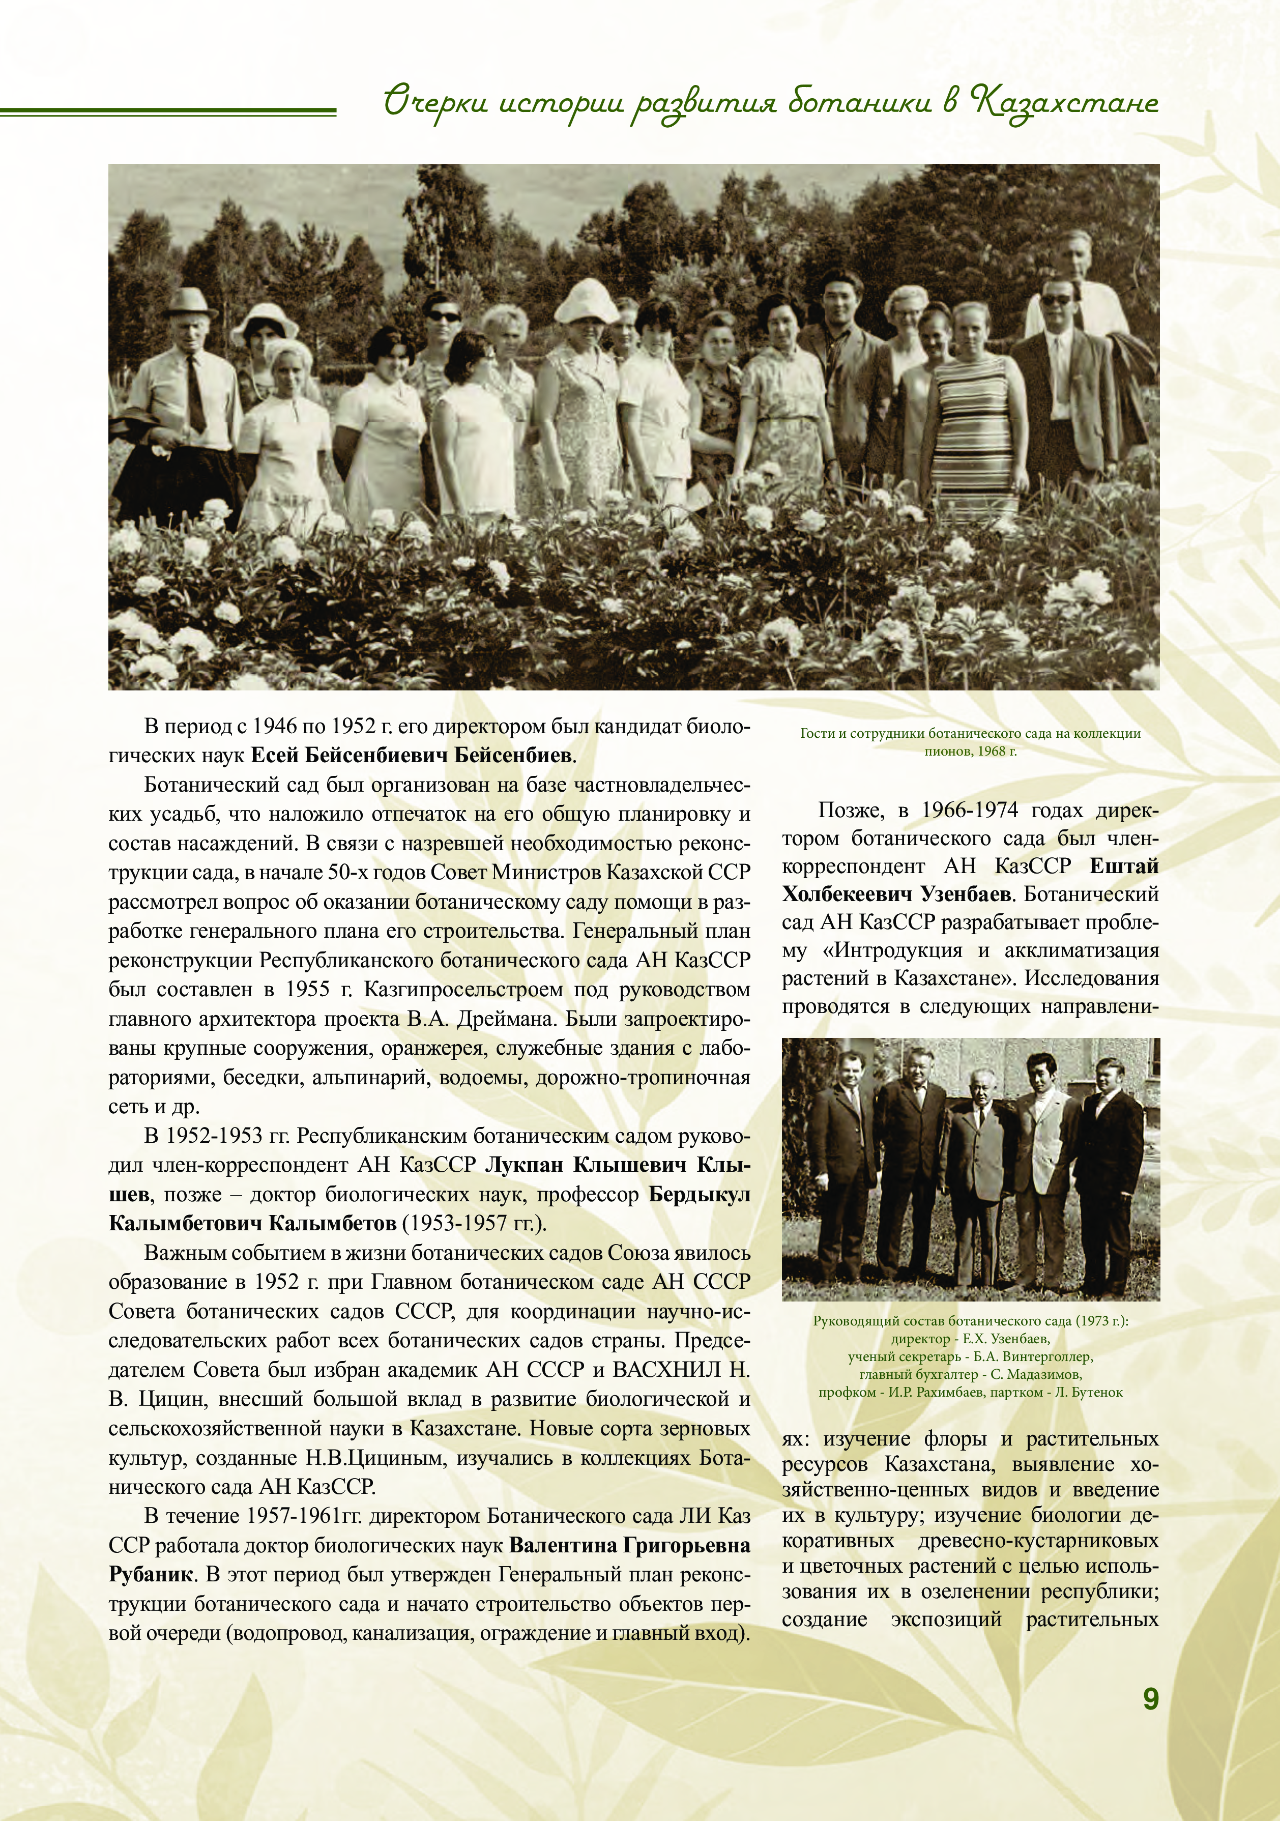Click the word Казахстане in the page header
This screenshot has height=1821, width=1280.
pos(1065,104)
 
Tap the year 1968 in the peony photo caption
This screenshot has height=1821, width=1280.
pos(992,751)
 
